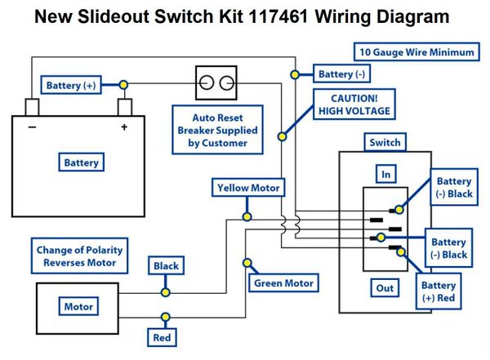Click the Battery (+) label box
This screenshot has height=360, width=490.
71,85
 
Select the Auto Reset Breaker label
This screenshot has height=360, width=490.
217,130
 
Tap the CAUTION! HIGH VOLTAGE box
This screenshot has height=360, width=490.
354,104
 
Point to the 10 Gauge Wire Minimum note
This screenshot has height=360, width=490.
416,52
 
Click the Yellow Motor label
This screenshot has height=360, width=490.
248,188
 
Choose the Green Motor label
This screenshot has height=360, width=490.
283,283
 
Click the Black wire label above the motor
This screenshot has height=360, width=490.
166,265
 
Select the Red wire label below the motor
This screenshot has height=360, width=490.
162,337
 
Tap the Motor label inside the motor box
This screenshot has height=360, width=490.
78,306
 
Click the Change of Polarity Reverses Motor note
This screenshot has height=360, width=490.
79,256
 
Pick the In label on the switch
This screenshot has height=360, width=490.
386,174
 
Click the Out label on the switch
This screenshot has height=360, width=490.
385,288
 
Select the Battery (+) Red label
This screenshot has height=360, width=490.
439,291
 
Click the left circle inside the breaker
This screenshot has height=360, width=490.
207,82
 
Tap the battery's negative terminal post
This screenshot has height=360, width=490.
32,107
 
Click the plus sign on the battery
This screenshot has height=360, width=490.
124,127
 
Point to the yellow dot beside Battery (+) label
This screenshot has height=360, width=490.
124,85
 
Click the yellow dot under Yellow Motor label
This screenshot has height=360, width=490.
247,216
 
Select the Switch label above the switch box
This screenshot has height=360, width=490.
385,143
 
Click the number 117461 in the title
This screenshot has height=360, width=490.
278,16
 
